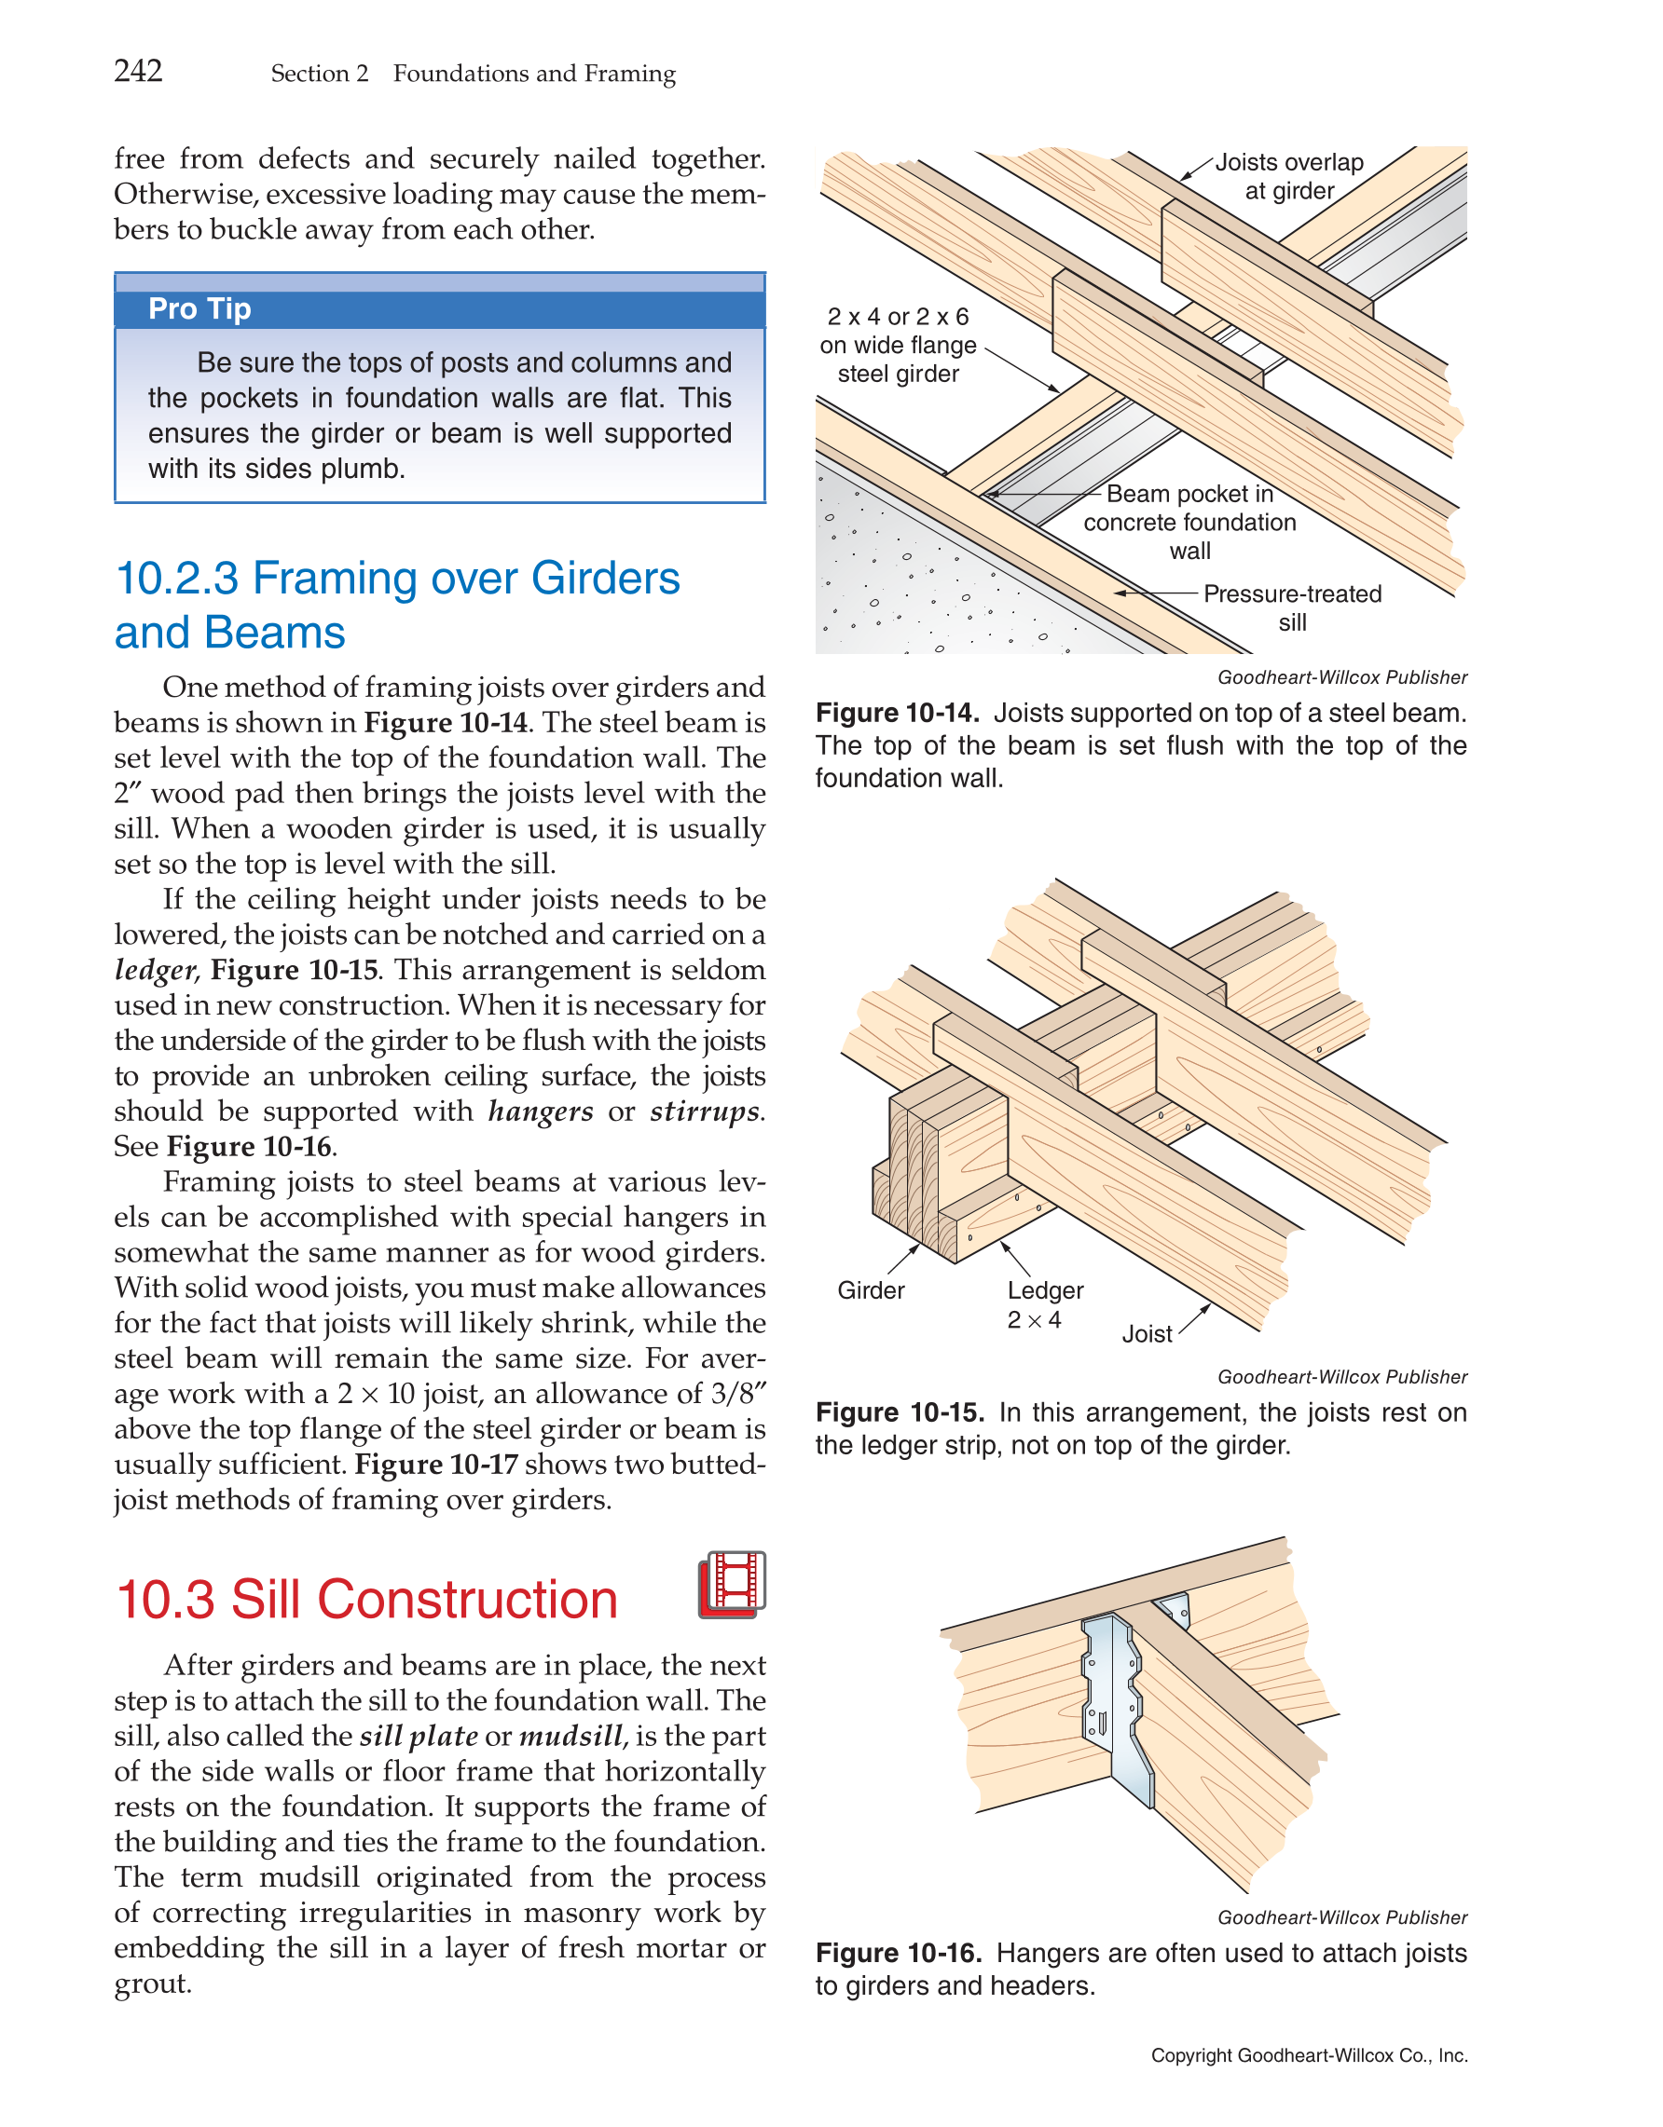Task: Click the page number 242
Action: click(x=138, y=71)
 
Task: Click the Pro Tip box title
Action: click(x=199, y=308)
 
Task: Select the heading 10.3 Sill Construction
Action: click(x=366, y=1599)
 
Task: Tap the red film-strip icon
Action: click(x=732, y=1585)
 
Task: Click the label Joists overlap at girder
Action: click(x=1288, y=176)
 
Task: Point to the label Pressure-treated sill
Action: click(x=1292, y=607)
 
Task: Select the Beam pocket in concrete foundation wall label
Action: click(x=1189, y=522)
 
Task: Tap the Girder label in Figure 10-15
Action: click(x=871, y=1290)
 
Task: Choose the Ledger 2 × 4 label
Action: click(x=1044, y=1304)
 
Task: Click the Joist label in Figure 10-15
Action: click(x=1147, y=1334)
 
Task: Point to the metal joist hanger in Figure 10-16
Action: click(x=1120, y=1704)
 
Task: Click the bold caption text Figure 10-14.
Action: click(x=896, y=713)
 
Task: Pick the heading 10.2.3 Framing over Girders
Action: click(x=397, y=579)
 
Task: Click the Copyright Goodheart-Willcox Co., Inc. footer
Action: click(x=1309, y=2056)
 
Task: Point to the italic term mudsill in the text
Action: click(x=570, y=1737)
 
